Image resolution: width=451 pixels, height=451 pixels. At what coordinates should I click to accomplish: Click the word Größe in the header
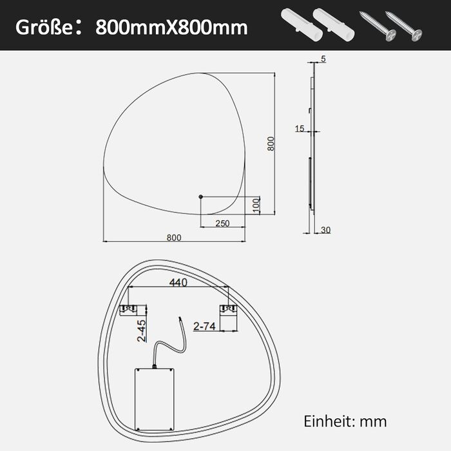(44, 28)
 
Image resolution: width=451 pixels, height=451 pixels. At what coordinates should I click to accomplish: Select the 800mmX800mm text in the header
(171, 28)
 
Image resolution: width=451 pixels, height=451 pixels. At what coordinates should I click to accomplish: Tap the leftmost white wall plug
(302, 24)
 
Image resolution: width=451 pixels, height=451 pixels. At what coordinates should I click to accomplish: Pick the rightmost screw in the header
(403, 26)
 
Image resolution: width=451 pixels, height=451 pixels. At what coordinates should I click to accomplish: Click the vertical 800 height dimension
(271, 144)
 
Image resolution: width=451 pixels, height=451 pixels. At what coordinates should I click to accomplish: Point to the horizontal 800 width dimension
(174, 238)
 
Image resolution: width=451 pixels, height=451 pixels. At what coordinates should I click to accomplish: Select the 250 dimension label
(222, 223)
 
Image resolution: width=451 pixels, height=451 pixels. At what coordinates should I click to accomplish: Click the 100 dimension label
(256, 205)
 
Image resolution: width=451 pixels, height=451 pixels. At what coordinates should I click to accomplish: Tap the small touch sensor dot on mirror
(201, 197)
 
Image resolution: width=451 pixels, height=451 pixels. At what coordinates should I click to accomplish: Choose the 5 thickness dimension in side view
(323, 59)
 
